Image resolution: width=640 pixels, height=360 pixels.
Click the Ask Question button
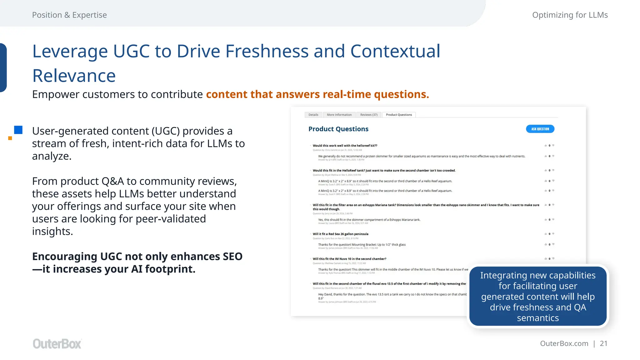point(540,129)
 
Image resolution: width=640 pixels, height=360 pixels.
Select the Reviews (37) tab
point(369,115)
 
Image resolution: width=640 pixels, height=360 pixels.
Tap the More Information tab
point(339,115)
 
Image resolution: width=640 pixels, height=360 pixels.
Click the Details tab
point(313,115)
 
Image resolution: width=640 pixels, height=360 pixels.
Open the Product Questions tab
point(399,115)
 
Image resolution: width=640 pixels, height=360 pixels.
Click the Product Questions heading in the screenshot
point(338,129)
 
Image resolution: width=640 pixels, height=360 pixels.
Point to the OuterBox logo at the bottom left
point(57,344)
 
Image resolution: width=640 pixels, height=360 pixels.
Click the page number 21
point(603,343)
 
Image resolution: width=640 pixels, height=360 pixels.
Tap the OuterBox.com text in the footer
point(564,343)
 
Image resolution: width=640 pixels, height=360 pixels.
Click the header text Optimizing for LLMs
point(570,15)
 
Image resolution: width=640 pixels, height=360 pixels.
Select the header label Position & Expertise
point(69,15)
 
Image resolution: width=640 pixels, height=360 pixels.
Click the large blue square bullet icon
point(18,130)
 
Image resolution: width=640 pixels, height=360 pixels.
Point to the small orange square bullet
point(10,138)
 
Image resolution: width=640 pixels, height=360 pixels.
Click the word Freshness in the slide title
point(267,51)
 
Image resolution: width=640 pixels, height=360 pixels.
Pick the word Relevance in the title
point(74,76)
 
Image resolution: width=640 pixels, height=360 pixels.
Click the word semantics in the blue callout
point(537,318)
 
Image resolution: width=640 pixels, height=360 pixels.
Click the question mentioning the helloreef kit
point(345,146)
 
